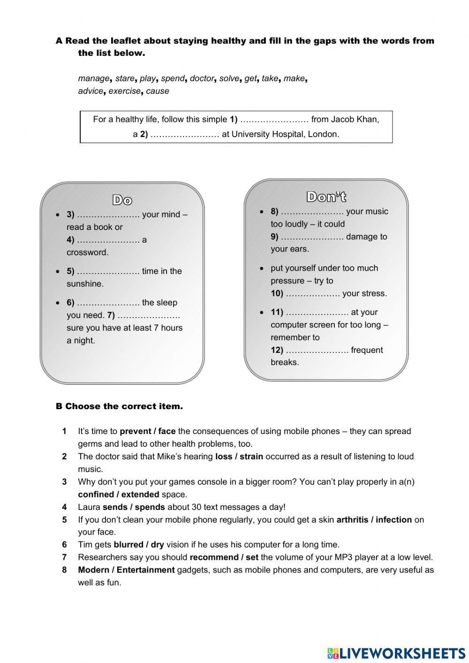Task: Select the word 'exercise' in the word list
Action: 124,91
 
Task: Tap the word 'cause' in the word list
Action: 158,91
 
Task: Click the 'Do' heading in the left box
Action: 122,200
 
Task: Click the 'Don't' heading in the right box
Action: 326,197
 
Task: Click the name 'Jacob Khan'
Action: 355,119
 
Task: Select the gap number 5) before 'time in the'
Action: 107,271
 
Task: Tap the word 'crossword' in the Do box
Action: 87,252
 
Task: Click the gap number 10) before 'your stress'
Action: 312,294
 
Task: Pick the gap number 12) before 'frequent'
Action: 317,350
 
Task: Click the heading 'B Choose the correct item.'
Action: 119,406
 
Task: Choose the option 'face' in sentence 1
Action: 167,431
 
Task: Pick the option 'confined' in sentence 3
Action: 97,495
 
